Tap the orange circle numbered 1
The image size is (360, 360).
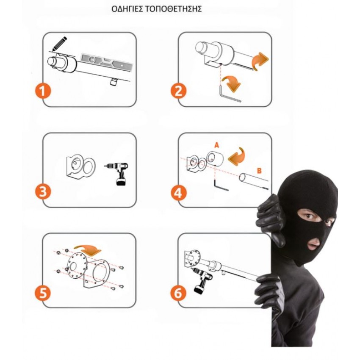[43, 91]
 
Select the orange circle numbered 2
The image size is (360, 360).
[178, 91]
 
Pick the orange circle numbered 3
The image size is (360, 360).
[43, 192]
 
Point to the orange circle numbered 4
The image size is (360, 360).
[178, 192]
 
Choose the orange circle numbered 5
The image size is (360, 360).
[43, 293]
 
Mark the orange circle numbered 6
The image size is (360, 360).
[178, 293]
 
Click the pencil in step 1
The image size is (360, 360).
[59, 44]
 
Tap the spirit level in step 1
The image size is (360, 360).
[107, 62]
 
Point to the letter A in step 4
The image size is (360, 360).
[216, 145]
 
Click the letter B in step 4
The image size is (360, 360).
[259, 171]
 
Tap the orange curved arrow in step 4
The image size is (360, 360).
[237, 156]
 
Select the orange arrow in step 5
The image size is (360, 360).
[88, 249]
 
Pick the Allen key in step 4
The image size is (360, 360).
[220, 185]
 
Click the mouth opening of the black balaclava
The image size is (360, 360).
[314, 244]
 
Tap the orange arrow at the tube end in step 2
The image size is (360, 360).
[260, 60]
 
